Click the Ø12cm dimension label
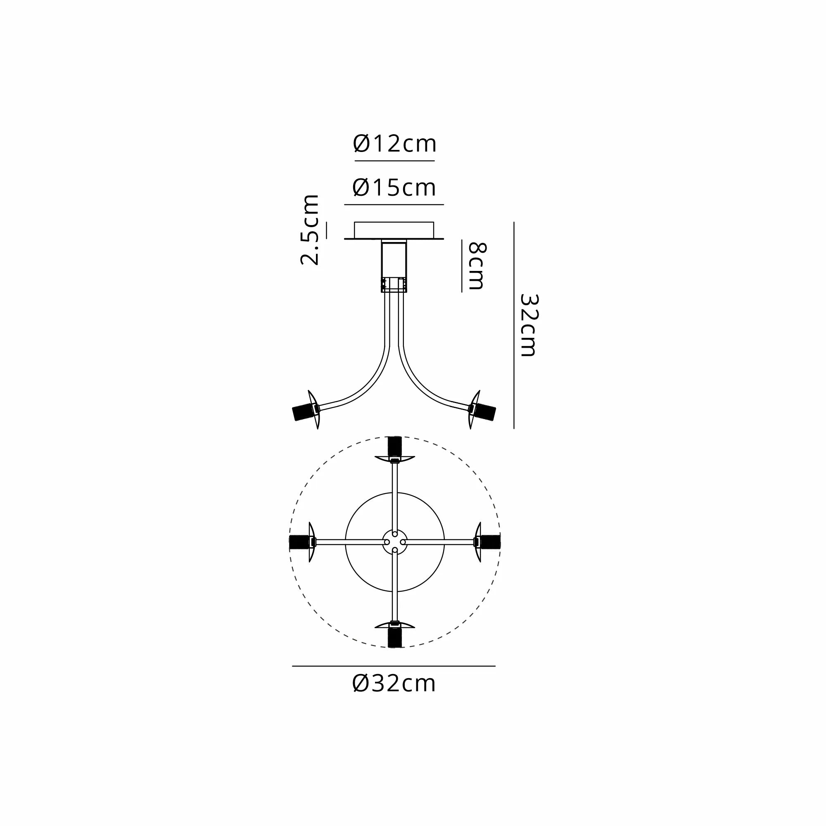click(x=394, y=144)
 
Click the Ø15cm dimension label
click(x=394, y=188)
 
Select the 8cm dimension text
click(x=477, y=266)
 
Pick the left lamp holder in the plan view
click(x=301, y=542)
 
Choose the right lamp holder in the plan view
click(x=489, y=542)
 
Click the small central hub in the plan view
click(x=394, y=542)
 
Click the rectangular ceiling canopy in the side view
click(x=394, y=230)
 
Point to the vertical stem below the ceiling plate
click(x=394, y=265)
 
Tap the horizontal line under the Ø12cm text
click(x=394, y=161)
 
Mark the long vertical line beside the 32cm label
click(x=513, y=325)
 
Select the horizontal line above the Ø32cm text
click(x=393, y=666)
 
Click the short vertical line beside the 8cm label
click(x=462, y=266)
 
